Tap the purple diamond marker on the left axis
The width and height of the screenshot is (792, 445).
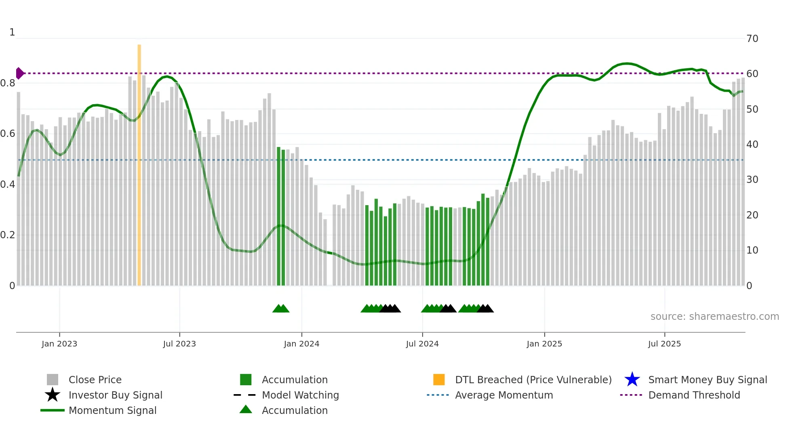click(x=19, y=73)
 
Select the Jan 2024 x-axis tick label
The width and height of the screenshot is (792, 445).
click(x=301, y=344)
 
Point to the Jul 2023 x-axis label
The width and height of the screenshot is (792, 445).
click(x=179, y=344)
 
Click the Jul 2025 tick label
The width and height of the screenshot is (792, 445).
click(x=664, y=344)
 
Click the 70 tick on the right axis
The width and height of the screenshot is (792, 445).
click(x=752, y=39)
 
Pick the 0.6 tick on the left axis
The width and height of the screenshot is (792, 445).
click(x=8, y=134)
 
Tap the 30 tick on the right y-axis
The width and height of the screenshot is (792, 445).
click(x=752, y=180)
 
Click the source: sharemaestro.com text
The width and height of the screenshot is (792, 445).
click(x=714, y=317)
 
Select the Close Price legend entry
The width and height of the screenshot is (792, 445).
click(x=95, y=380)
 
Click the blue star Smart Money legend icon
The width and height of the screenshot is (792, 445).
click(x=632, y=380)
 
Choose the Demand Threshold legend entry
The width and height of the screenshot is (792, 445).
click(x=694, y=395)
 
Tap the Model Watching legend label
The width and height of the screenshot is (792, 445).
click(x=300, y=395)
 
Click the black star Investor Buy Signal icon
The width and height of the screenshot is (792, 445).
click(x=53, y=395)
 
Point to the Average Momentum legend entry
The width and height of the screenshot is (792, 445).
click(x=504, y=395)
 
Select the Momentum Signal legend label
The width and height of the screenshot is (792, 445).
click(x=112, y=411)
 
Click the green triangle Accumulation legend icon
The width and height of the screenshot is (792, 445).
click(x=246, y=409)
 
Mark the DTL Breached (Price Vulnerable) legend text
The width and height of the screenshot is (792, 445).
click(x=533, y=380)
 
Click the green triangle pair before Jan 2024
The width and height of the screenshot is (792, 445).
click(x=281, y=309)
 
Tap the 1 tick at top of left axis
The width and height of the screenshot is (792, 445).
click(x=12, y=32)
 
